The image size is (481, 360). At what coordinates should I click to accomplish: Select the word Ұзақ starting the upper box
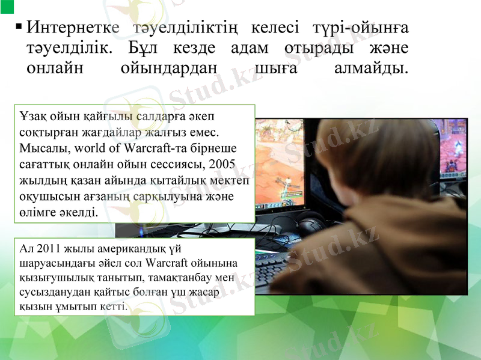[x=31, y=115]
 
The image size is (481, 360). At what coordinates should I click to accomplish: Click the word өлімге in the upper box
[x=38, y=213]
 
